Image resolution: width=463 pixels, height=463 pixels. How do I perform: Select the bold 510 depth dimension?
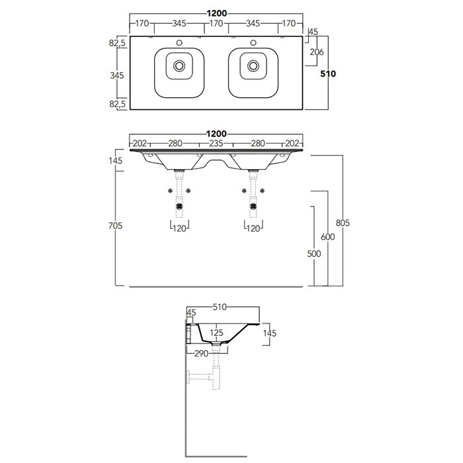(x=329, y=74)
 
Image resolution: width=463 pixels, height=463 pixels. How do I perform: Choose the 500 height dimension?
(x=313, y=253)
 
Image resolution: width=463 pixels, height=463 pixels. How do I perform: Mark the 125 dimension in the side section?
(x=216, y=333)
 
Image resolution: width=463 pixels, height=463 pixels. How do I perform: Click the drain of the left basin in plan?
(x=179, y=66)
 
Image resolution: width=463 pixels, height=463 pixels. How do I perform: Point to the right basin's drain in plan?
(x=253, y=66)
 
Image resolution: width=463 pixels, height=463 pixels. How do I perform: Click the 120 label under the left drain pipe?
(x=179, y=228)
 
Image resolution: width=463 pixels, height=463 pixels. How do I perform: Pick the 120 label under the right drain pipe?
(x=253, y=228)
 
